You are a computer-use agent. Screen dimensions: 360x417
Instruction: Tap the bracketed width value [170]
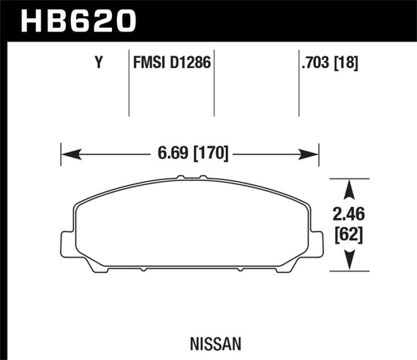click(x=210, y=154)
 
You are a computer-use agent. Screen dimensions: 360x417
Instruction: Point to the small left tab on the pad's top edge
click(x=180, y=177)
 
